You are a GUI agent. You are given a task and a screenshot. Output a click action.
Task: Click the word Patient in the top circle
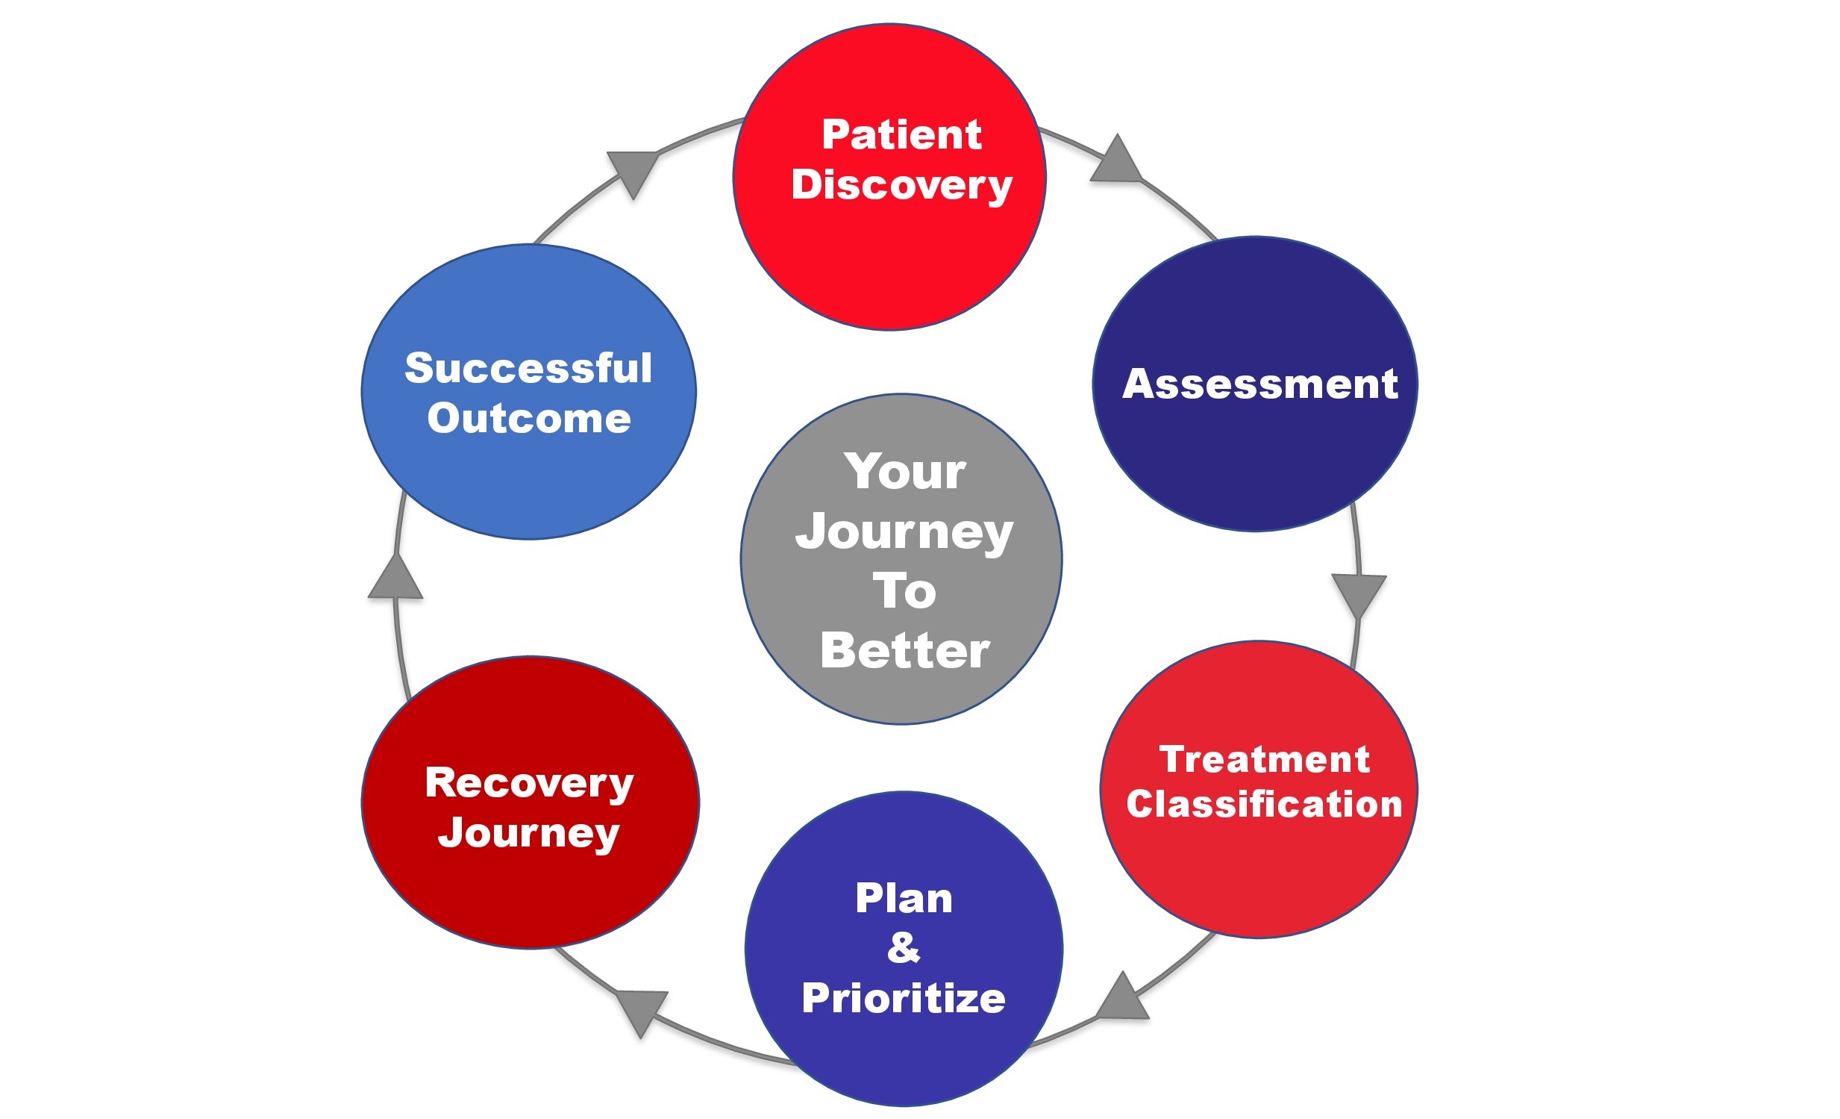pos(901,135)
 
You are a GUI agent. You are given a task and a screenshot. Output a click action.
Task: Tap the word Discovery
pos(901,185)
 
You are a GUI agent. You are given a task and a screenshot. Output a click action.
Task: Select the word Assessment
pos(1259,384)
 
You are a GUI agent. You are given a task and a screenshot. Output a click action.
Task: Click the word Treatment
pos(1264,760)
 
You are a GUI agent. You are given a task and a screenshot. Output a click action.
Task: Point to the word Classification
pos(1264,805)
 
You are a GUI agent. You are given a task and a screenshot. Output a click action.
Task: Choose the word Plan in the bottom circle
pos(904,899)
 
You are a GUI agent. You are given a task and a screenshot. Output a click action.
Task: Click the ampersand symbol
pos(904,948)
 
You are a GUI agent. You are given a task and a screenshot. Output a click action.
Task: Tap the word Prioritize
pos(904,999)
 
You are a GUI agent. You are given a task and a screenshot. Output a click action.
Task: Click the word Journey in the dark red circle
pos(529,833)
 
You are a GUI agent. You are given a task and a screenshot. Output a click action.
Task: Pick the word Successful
pos(529,368)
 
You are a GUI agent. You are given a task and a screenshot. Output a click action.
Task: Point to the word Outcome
pos(529,418)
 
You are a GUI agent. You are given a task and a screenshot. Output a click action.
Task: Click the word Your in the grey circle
pos(905,472)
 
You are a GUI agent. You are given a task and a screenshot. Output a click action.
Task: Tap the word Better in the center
pos(905,652)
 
